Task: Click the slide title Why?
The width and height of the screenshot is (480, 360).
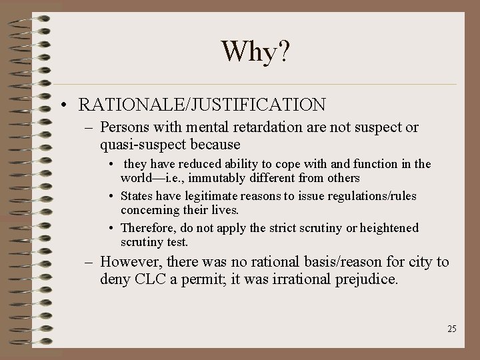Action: click(255, 51)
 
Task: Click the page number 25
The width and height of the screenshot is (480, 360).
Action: click(452, 329)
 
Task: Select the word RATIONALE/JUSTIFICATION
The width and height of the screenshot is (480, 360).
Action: click(202, 105)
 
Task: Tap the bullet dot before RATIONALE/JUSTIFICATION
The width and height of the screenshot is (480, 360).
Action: click(62, 105)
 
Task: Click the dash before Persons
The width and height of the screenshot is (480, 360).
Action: click(89, 128)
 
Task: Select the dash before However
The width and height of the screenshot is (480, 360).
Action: click(89, 263)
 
